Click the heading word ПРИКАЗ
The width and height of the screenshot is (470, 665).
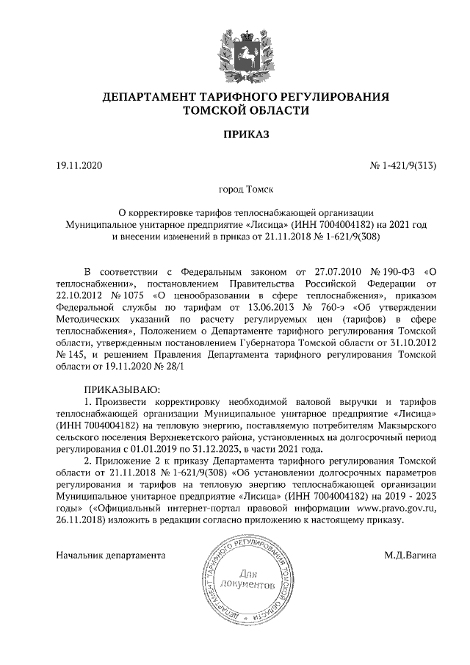click(x=235, y=134)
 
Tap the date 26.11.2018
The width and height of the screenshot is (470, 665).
click(x=81, y=520)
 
